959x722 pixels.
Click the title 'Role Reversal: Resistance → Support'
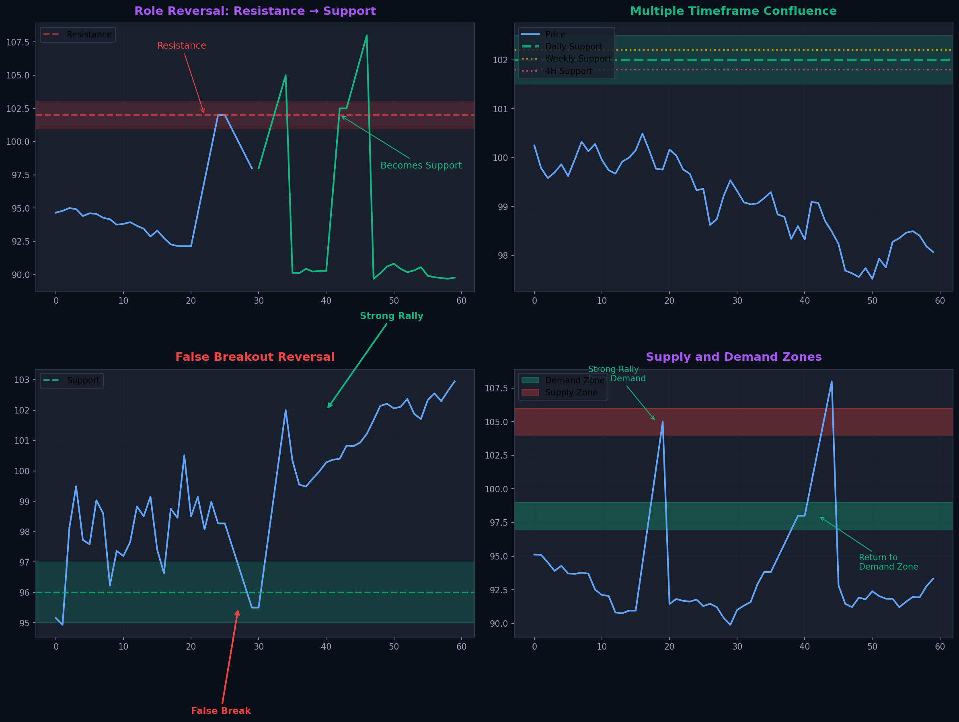(255, 11)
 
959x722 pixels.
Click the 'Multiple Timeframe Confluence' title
(733, 11)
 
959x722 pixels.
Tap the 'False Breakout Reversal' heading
(255, 357)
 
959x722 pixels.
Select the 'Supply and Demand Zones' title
(733, 357)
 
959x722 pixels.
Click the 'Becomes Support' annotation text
(421, 165)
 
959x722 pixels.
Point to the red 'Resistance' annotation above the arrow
(181, 45)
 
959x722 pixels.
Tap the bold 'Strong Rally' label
(391, 316)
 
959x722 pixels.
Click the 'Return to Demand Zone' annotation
(888, 562)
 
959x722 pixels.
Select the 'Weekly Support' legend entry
(577, 59)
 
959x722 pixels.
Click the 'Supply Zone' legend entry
(571, 393)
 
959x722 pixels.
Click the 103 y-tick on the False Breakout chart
(22, 380)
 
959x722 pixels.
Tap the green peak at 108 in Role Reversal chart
(366, 35)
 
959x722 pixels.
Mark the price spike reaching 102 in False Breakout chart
(285, 410)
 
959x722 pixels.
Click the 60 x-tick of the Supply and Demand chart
(939, 646)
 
